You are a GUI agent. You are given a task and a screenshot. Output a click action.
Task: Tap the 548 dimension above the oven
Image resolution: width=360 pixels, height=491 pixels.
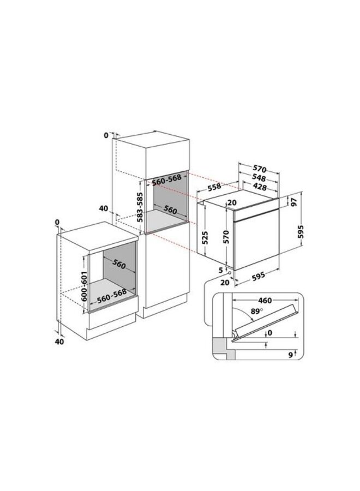pos(259,178)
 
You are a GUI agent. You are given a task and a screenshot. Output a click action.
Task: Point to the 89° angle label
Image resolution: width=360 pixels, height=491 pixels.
pos(249,311)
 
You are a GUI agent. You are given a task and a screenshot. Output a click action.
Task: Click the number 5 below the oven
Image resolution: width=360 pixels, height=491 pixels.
pos(220,269)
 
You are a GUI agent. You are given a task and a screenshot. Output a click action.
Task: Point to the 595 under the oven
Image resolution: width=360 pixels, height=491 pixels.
pos(259,277)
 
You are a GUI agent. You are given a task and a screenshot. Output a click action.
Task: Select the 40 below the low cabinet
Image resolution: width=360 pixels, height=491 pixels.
pos(60,342)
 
